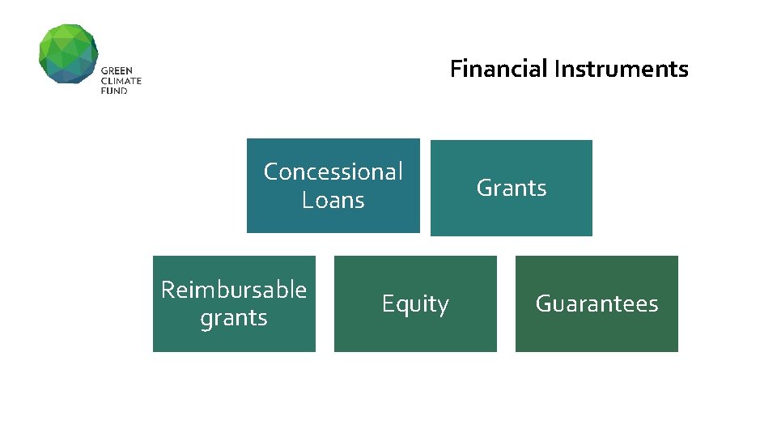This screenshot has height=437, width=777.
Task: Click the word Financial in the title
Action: [x=499, y=69]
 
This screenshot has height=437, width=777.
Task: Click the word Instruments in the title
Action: [x=621, y=69]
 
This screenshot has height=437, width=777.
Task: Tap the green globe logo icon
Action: [x=68, y=53]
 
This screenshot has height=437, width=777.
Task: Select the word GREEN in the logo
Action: [x=116, y=71]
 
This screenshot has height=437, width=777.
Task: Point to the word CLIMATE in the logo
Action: [x=121, y=81]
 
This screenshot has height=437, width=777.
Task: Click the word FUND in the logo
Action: [x=114, y=91]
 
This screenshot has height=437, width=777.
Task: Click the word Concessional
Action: [x=333, y=172]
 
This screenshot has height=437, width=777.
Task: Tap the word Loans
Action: [x=333, y=200]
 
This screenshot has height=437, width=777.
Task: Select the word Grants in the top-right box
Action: [x=512, y=188]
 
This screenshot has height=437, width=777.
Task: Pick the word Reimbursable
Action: [x=234, y=290]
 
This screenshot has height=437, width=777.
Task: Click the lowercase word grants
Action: [x=234, y=318]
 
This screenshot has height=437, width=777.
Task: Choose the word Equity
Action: [x=415, y=304]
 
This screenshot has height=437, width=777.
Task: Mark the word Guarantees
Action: [x=597, y=304]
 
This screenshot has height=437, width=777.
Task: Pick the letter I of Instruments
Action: [x=557, y=69]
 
